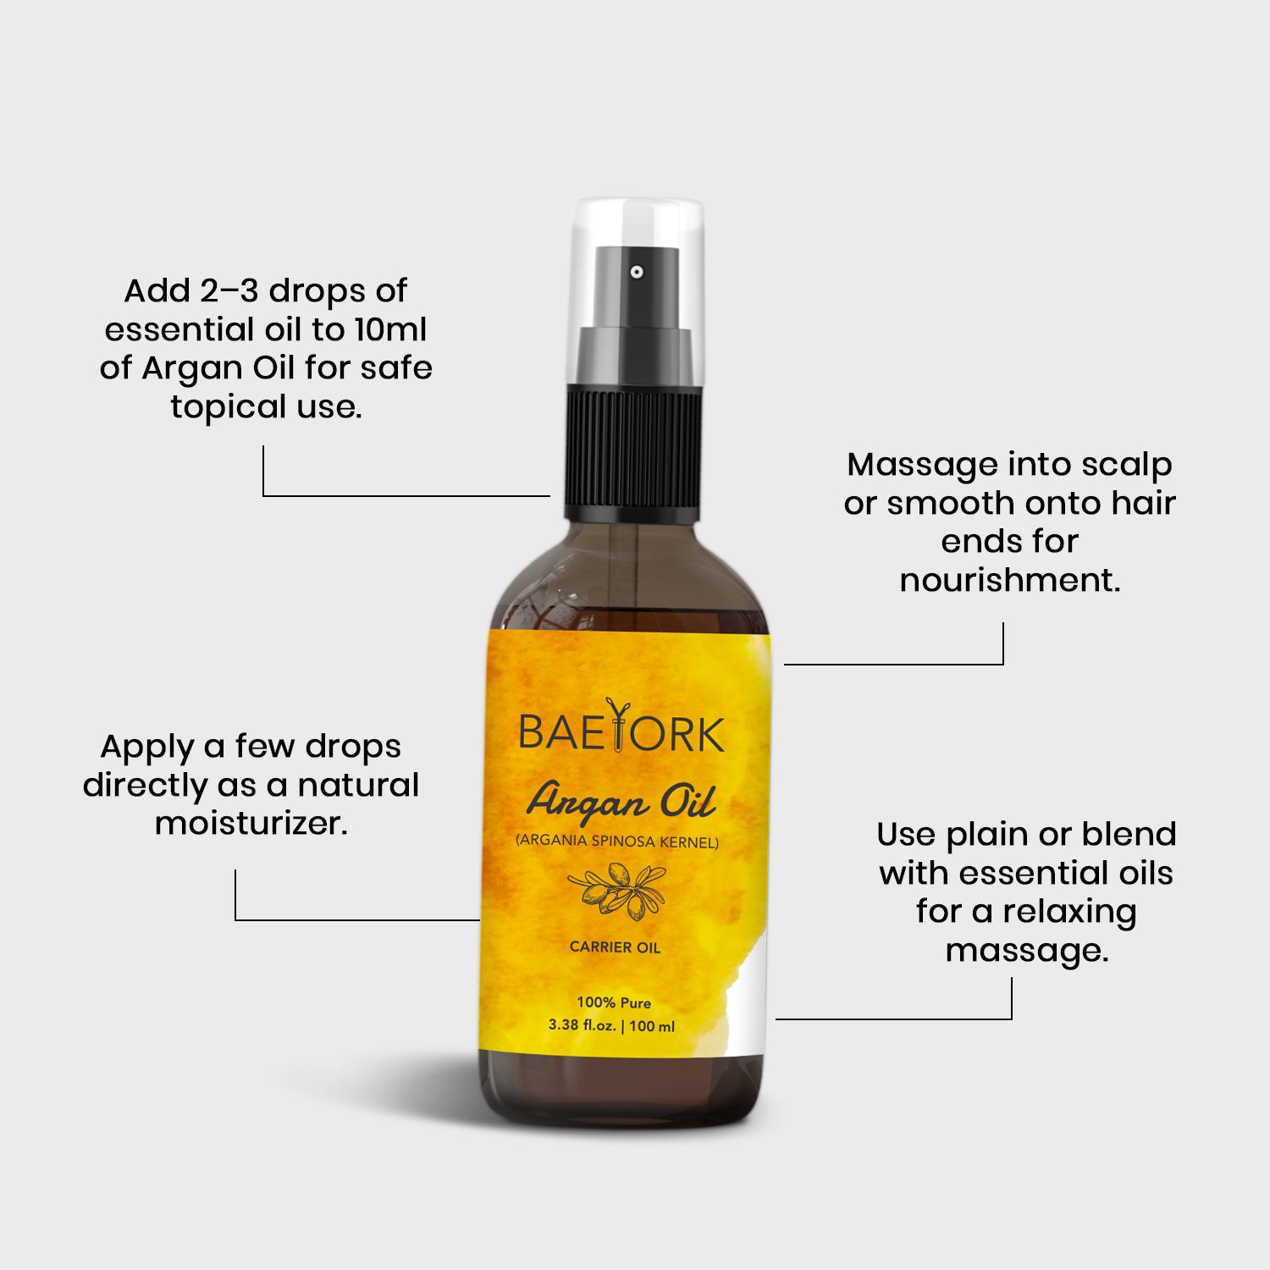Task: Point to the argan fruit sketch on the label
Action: click(616, 891)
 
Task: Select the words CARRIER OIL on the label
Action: click(615, 947)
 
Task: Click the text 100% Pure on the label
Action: click(614, 1002)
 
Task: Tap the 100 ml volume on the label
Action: click(652, 1026)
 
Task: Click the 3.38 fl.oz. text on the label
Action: click(583, 1025)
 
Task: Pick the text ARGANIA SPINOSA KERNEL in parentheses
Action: click(617, 842)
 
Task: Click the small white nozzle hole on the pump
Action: click(637, 272)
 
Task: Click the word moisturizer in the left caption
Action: click(251, 823)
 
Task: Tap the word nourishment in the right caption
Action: click(1010, 580)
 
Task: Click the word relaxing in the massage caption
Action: click(1069, 913)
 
